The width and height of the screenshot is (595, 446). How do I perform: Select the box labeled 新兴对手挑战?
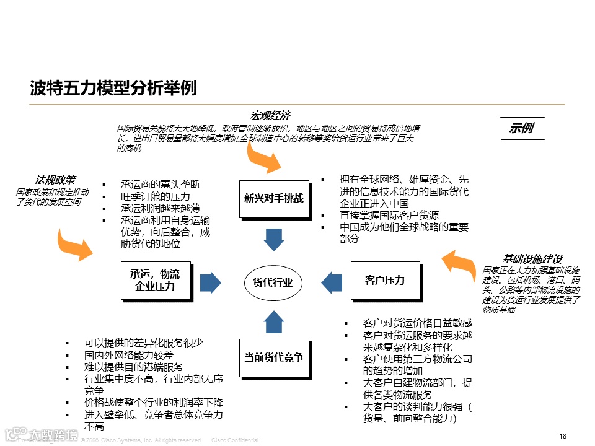point(274,199)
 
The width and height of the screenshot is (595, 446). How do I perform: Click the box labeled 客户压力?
point(385,281)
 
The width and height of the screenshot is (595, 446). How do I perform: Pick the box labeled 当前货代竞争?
point(274,357)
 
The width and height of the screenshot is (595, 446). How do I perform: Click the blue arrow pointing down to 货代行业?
point(273,239)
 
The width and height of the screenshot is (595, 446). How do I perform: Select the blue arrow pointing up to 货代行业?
point(273,321)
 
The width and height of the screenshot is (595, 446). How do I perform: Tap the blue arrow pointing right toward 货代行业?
point(211,282)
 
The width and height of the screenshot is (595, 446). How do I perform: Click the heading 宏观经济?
point(270,116)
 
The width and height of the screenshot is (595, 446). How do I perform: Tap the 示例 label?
point(522,128)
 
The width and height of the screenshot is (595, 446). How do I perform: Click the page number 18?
point(563,436)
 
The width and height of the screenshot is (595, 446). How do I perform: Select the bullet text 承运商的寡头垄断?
point(161,185)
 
